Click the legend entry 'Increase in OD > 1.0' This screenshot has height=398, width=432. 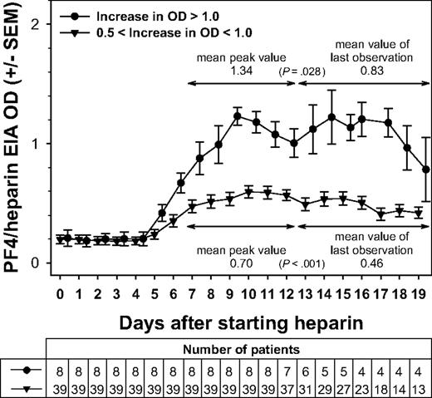pyautogui.click(x=146, y=16)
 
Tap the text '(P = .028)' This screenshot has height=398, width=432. pyautogui.click(x=298, y=73)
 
